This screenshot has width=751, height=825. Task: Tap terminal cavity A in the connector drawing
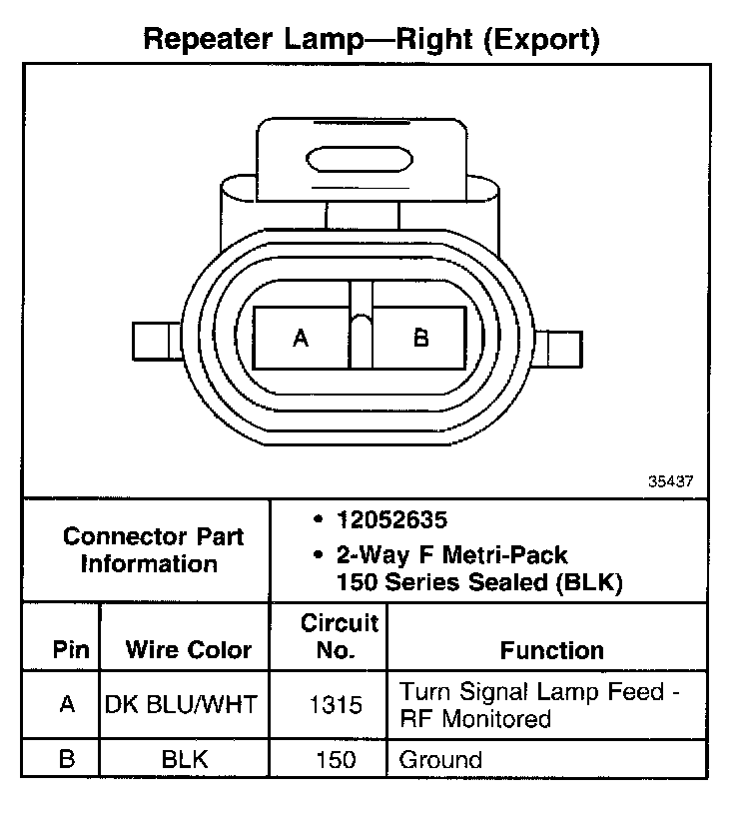(302, 340)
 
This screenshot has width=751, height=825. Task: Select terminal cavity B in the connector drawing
(420, 340)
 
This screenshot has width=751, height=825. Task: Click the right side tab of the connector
(560, 349)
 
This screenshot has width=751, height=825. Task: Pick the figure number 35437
(670, 480)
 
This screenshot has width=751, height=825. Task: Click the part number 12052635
(391, 520)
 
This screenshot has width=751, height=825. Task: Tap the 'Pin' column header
(71, 650)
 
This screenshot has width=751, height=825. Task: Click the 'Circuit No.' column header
(340, 637)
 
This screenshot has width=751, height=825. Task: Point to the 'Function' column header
(551, 650)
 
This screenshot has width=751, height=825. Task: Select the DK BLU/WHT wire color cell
(182, 704)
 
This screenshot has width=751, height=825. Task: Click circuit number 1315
(336, 705)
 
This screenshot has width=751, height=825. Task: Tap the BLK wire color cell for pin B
(184, 759)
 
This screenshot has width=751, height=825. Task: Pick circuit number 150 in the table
(336, 760)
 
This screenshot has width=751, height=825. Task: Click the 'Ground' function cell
(440, 760)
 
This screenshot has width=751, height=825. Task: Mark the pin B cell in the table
(67, 759)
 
